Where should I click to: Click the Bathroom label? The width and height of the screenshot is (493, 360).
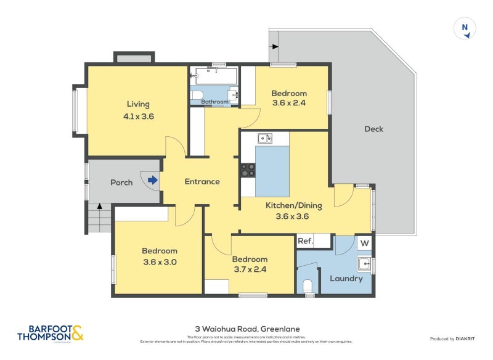tap(214, 102)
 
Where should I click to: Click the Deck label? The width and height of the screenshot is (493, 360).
tap(373, 129)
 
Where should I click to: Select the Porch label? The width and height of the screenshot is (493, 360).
tap(121, 182)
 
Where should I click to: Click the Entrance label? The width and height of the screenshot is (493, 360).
tap(202, 181)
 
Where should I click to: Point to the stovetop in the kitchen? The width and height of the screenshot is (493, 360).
tap(248, 170)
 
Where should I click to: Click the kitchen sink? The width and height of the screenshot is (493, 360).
tap(265, 138)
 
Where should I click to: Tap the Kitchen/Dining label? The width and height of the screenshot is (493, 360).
tap(291, 205)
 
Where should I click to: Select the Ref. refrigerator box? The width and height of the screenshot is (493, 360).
tap(305, 242)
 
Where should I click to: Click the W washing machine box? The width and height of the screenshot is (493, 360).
tap(364, 243)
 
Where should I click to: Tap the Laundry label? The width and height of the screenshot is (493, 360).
tap(346, 279)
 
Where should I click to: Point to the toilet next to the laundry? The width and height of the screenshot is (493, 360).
tap(308, 285)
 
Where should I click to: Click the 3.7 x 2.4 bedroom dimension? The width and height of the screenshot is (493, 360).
tap(250, 269)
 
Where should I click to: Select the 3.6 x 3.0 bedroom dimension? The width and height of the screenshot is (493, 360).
tap(160, 261)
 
